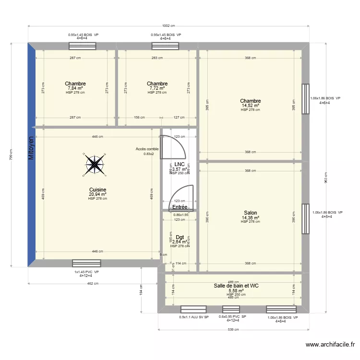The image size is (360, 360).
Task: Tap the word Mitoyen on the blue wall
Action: click(x=31, y=148)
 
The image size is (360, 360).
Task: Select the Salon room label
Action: click(x=250, y=213)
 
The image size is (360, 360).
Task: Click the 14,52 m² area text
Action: click(x=250, y=106)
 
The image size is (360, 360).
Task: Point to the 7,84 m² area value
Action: click(x=75, y=88)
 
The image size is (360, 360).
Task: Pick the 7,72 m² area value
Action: click(x=157, y=88)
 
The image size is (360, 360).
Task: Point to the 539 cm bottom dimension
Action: click(x=233, y=329)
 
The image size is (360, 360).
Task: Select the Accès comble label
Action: click(x=147, y=149)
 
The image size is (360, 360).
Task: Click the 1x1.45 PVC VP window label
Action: click(x=86, y=272)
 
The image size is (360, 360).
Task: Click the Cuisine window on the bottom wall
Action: click(x=86, y=263)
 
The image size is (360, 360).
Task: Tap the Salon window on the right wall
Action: click(x=305, y=213)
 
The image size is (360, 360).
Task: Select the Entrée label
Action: click(x=180, y=207)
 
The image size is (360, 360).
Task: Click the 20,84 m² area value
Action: click(x=97, y=194)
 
